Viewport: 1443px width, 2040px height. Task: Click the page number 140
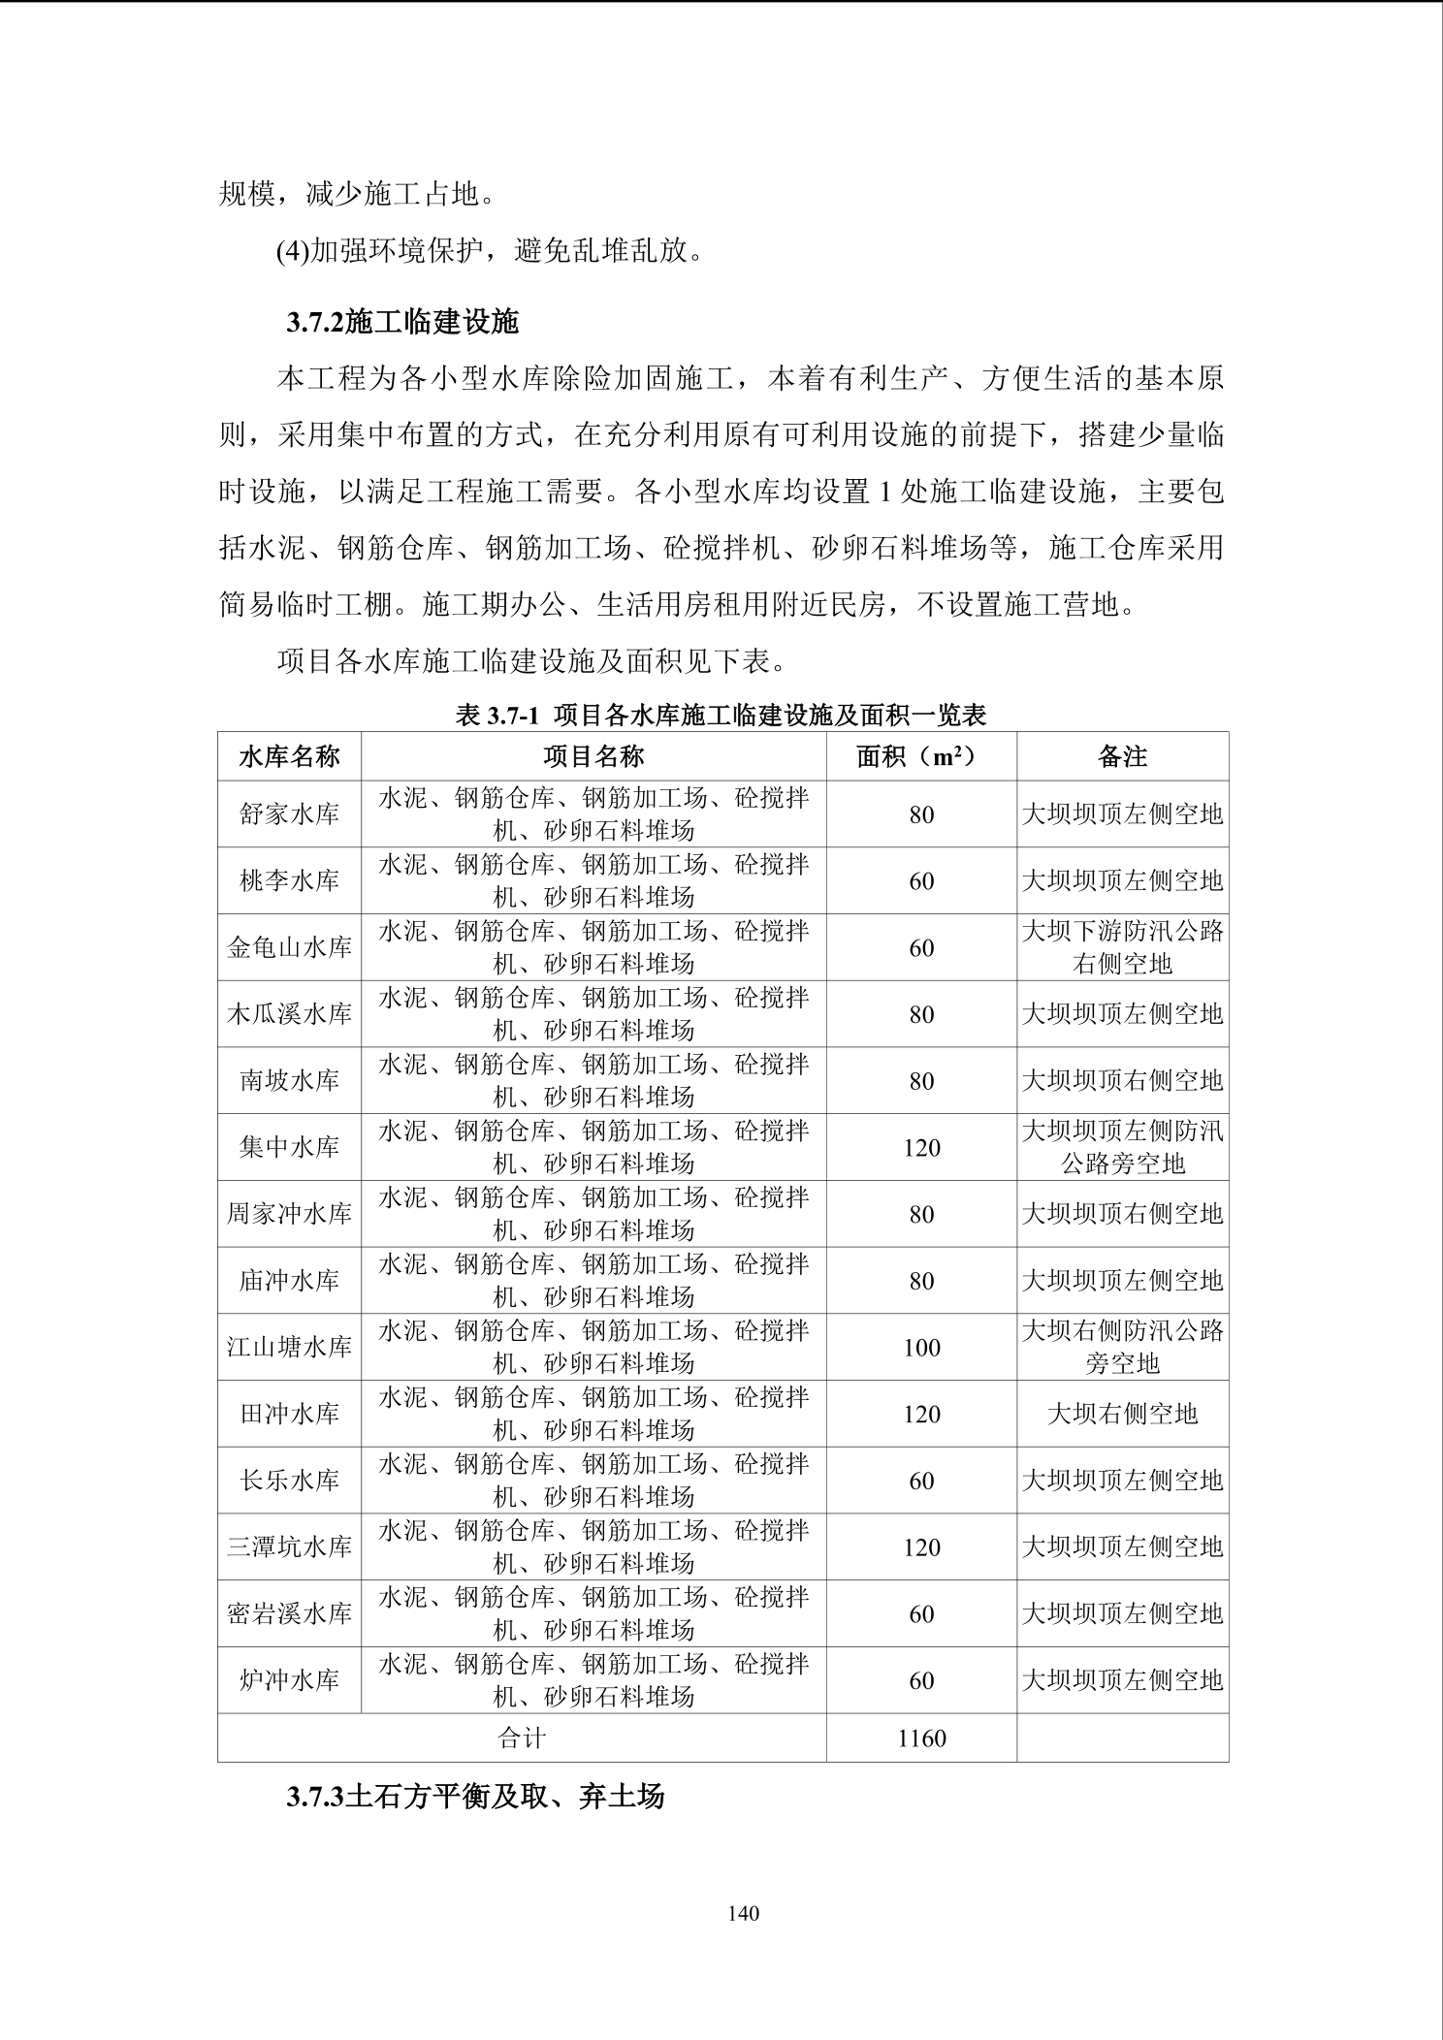coord(742,1913)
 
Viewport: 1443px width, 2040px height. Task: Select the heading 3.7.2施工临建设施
coord(402,322)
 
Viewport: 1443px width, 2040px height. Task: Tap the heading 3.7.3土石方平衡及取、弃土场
coord(475,1797)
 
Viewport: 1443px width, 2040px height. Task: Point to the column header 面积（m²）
coord(920,756)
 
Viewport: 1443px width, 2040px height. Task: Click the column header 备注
coord(1122,756)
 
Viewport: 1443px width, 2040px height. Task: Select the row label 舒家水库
coord(289,814)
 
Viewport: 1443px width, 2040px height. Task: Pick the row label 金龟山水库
coord(289,947)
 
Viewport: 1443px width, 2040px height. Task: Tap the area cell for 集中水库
coord(920,1148)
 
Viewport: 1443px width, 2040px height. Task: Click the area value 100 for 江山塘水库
coord(920,1348)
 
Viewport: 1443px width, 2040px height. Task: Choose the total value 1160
coord(920,1738)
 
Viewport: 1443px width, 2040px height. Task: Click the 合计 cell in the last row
coord(522,1738)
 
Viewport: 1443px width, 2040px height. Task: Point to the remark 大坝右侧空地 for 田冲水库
coord(1122,1415)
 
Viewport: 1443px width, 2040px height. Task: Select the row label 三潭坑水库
coord(289,1547)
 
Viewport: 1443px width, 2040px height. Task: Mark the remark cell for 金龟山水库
coord(1122,947)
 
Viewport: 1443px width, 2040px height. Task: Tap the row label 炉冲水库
coord(289,1680)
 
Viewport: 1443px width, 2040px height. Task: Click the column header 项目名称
coord(593,756)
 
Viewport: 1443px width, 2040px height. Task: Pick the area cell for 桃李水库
coord(920,881)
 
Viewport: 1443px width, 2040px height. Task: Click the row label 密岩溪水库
coord(289,1614)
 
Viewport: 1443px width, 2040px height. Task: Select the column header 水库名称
coord(289,756)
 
